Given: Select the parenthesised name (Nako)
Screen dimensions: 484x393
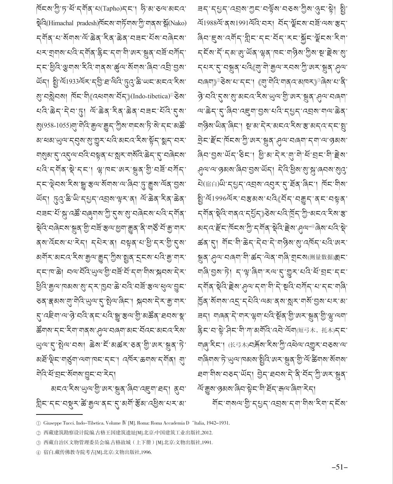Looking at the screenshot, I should click(177, 23).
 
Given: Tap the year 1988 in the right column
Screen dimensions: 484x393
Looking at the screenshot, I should click(210, 23).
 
